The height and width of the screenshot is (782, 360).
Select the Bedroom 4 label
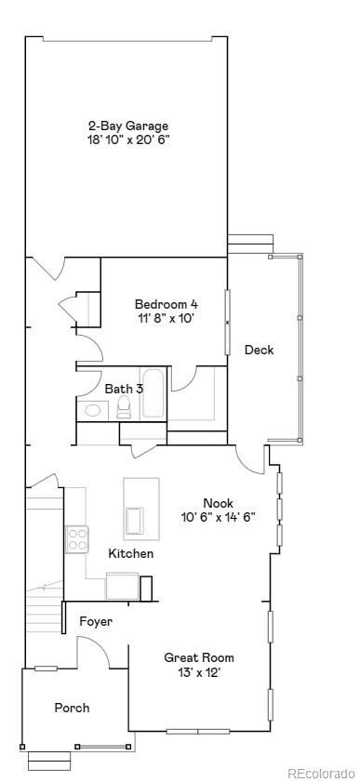(x=166, y=304)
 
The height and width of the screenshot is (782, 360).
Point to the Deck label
(x=259, y=351)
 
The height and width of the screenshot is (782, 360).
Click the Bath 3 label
(x=124, y=389)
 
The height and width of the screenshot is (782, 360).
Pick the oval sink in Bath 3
(x=93, y=409)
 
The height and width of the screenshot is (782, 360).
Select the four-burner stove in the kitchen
(x=76, y=538)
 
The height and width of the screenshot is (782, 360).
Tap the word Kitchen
(x=131, y=554)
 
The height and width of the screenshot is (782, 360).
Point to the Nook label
(x=218, y=503)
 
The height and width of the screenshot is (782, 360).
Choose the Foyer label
(x=96, y=621)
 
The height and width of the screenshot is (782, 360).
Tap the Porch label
(x=72, y=708)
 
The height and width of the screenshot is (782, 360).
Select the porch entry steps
(x=49, y=761)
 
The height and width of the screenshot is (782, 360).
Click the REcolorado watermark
(x=320, y=773)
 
